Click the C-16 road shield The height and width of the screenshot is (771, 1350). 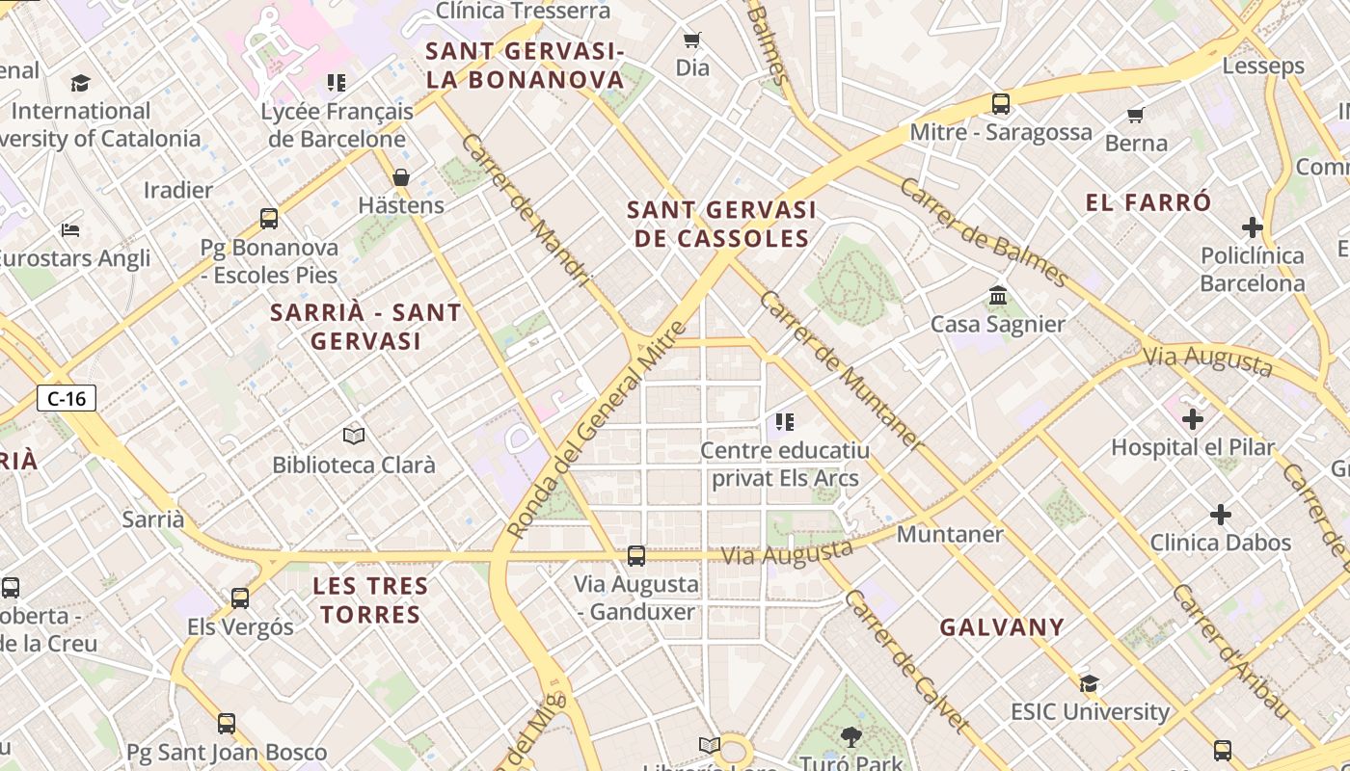coord(67,398)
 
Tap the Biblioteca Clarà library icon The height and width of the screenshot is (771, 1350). coord(354,437)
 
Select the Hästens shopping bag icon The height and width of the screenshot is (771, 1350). coord(401,177)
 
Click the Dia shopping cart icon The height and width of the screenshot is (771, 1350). coord(691,40)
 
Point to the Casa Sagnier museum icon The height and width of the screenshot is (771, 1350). coord(998,295)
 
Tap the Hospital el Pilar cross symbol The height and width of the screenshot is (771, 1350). coord(1193,419)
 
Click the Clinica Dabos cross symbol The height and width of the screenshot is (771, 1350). coord(1221,515)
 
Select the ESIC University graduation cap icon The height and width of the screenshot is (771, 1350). coord(1090,683)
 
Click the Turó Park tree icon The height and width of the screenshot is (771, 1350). coord(850,737)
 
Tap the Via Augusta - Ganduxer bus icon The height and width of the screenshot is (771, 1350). coord(636,556)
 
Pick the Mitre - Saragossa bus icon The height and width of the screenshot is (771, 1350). coord(1001,104)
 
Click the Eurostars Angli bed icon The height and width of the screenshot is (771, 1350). coord(70,230)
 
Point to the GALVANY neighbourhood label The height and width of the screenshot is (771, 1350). coord(1002,627)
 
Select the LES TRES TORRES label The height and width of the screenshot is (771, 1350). coord(370,599)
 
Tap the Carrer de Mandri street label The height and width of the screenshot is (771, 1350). coord(525,210)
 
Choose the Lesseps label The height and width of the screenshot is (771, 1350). coord(1262,66)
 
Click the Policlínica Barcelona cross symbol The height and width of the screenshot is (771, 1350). coord(1252,227)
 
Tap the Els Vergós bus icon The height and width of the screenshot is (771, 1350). coord(240,598)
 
